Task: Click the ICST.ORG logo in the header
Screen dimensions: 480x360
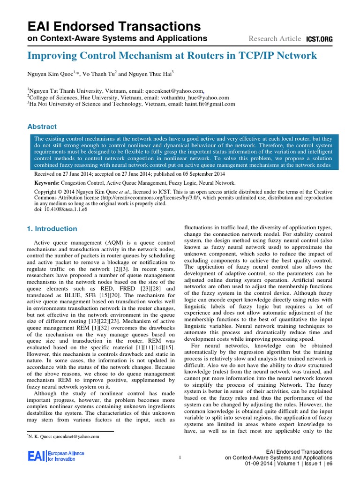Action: tap(319, 39)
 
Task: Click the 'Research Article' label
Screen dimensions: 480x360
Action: tap(274, 39)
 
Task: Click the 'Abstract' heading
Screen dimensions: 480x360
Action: tap(42, 127)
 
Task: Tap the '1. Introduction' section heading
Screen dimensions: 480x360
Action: tap(52, 229)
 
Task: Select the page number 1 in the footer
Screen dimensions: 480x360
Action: tap(180, 457)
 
